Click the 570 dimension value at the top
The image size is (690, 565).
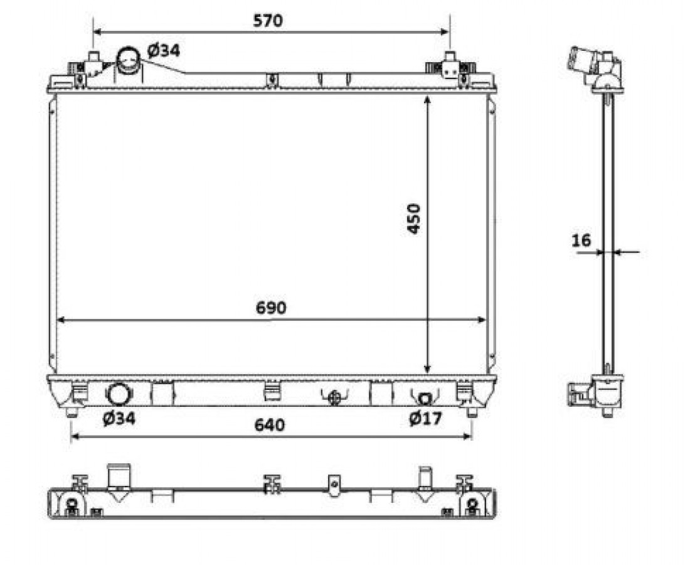click(x=268, y=21)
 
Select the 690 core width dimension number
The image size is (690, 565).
click(x=271, y=308)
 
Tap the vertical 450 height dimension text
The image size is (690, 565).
click(x=413, y=218)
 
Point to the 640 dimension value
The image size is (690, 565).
click(x=269, y=424)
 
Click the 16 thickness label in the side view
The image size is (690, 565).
click(x=581, y=240)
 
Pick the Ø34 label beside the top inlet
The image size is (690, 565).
click(x=164, y=51)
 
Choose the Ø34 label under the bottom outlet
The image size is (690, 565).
click(x=119, y=418)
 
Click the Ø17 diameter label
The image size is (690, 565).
click(x=425, y=418)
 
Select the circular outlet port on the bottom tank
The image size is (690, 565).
click(x=119, y=394)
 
